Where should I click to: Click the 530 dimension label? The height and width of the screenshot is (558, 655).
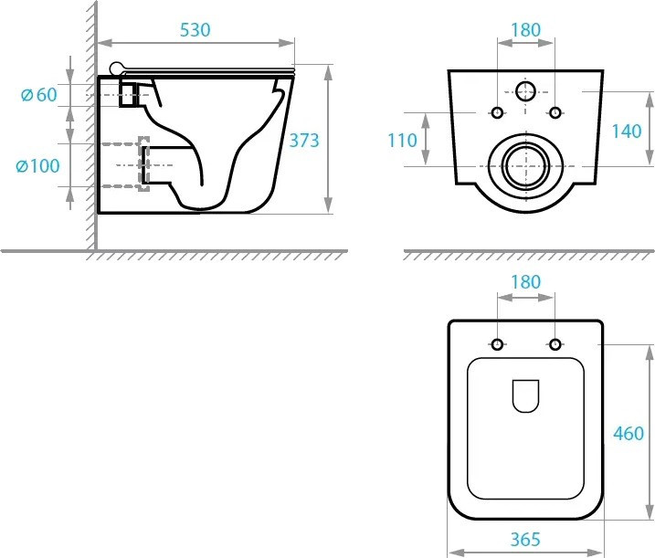(195, 30)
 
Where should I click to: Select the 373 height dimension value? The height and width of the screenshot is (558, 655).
(304, 141)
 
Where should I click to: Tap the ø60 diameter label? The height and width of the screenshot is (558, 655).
(39, 95)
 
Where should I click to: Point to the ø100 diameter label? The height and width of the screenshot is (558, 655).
(37, 166)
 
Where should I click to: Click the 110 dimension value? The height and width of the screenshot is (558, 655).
(402, 141)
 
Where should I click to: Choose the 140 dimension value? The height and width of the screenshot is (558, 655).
(626, 132)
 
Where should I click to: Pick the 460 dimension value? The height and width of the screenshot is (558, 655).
(629, 434)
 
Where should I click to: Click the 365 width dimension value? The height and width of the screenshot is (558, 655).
(525, 539)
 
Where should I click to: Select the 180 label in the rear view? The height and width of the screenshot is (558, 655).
(525, 30)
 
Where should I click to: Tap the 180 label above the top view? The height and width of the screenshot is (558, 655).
(525, 282)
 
